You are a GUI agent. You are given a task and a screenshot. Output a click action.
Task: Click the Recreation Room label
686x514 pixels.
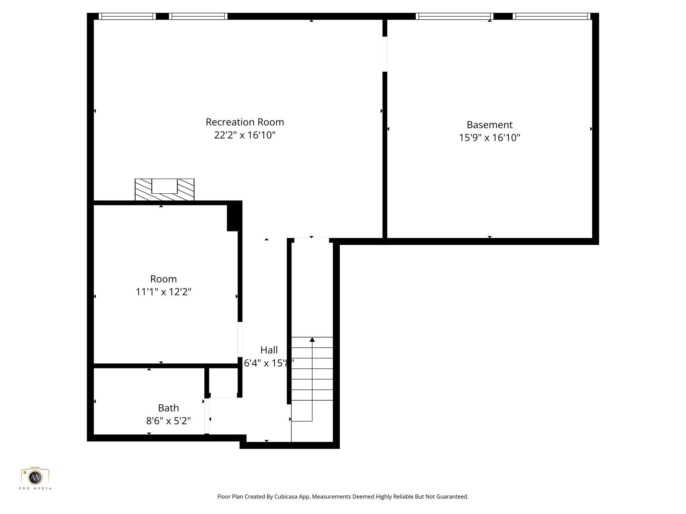point(245,122)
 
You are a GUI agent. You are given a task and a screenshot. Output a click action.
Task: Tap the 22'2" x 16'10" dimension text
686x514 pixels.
point(245,135)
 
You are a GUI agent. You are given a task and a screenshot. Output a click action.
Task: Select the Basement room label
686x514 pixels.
point(489,125)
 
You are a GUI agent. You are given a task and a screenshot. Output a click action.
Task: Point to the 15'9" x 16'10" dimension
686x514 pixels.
point(489,138)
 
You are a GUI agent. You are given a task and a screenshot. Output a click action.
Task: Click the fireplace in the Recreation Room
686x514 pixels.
point(164,189)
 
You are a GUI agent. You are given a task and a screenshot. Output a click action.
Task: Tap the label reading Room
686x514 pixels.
point(163,279)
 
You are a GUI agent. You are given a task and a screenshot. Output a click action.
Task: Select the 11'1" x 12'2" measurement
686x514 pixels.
point(163,292)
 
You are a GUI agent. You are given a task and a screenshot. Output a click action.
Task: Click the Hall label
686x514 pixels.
point(269,350)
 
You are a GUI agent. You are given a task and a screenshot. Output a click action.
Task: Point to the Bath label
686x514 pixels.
point(168,408)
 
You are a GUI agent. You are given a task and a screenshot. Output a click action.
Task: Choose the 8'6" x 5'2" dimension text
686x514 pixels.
point(168,421)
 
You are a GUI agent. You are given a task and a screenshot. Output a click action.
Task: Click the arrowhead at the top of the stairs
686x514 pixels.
point(312,340)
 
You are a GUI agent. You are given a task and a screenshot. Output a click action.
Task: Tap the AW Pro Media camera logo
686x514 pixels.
point(35,478)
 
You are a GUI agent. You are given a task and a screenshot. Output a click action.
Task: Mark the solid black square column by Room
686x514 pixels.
point(234,217)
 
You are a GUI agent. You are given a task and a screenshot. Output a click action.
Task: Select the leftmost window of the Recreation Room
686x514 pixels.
point(127,16)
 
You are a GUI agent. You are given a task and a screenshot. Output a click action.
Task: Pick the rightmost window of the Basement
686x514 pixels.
point(551,16)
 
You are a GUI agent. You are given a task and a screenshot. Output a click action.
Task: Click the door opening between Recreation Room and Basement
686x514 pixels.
point(385,54)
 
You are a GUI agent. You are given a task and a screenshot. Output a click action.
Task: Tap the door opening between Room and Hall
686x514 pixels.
point(240,339)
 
